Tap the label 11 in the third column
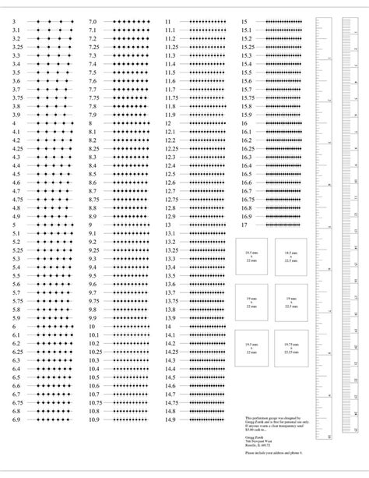point(168,22)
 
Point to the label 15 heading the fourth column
point(245,22)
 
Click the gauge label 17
point(245,225)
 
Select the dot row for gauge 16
point(284,123)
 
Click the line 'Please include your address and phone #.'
point(272,452)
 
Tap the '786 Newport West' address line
point(258,438)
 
